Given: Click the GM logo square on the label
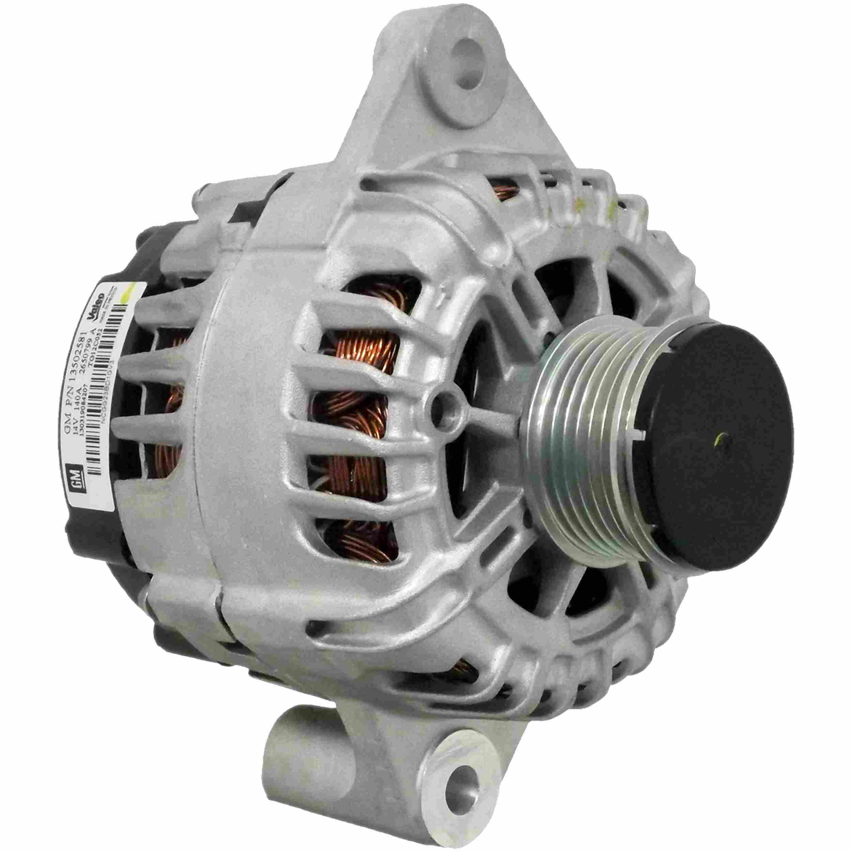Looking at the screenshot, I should (76, 475).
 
